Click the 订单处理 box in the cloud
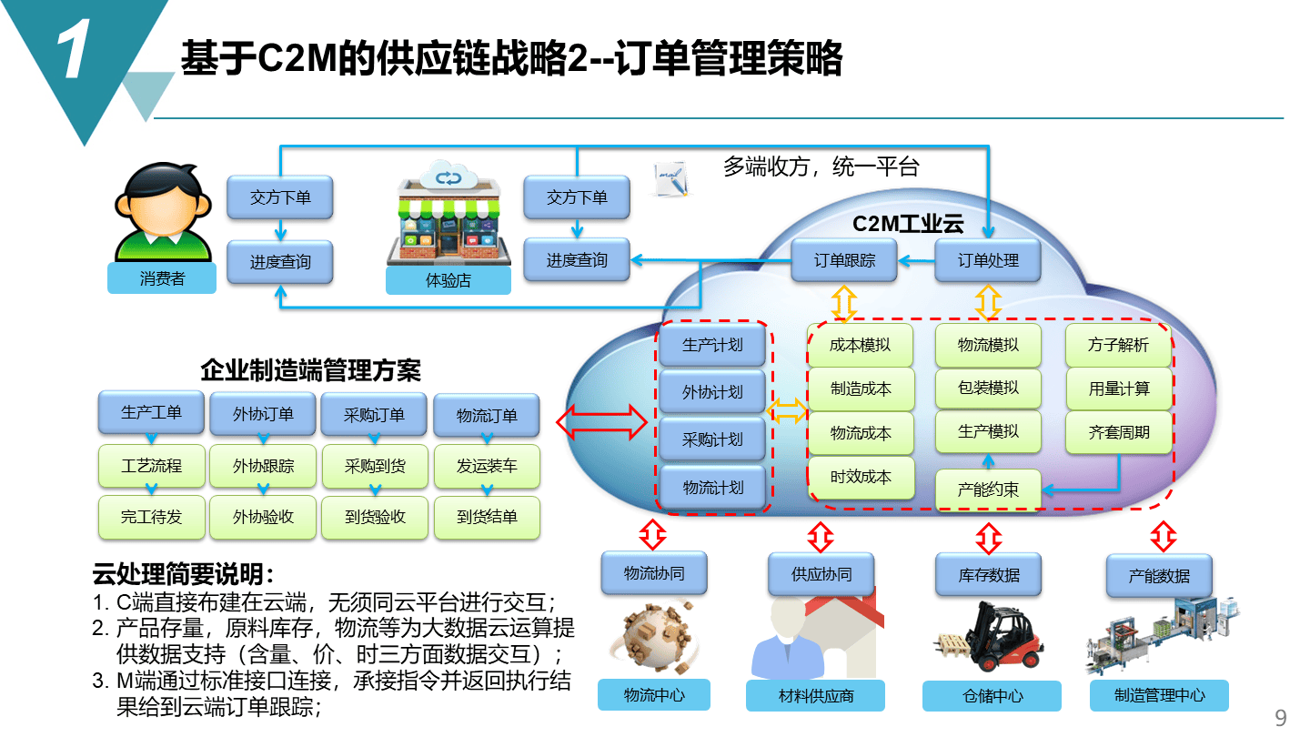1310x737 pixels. (x=988, y=260)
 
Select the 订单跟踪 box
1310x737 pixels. (x=844, y=260)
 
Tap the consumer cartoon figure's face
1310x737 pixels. (x=163, y=204)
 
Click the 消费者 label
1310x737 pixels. (x=162, y=278)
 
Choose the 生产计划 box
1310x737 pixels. (x=712, y=345)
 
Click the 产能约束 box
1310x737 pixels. (x=988, y=490)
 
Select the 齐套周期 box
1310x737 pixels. (x=1118, y=432)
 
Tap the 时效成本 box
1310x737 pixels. (x=860, y=477)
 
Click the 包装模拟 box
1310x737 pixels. (x=988, y=388)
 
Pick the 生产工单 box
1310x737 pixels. (x=151, y=412)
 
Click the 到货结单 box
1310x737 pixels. (x=487, y=517)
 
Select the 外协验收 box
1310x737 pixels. (x=263, y=517)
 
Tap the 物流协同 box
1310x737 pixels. (x=653, y=573)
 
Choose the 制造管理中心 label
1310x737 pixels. (x=1159, y=695)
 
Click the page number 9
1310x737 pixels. (x=1281, y=718)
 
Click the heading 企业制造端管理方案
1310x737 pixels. (x=310, y=370)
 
